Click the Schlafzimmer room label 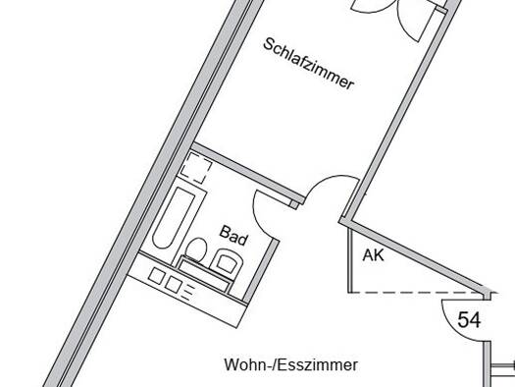point(309,64)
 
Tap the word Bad point(233,236)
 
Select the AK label point(373,255)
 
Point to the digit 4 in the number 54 point(475,319)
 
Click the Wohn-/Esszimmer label point(291,365)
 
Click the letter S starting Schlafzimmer point(269,44)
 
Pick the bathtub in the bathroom point(174,218)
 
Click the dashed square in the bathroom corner point(196,168)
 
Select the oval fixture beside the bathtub point(196,249)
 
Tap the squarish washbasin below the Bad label point(227,261)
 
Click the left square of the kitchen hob point(157,275)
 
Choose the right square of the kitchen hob point(174,284)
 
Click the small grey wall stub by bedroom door point(294,204)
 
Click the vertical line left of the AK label point(351,259)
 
